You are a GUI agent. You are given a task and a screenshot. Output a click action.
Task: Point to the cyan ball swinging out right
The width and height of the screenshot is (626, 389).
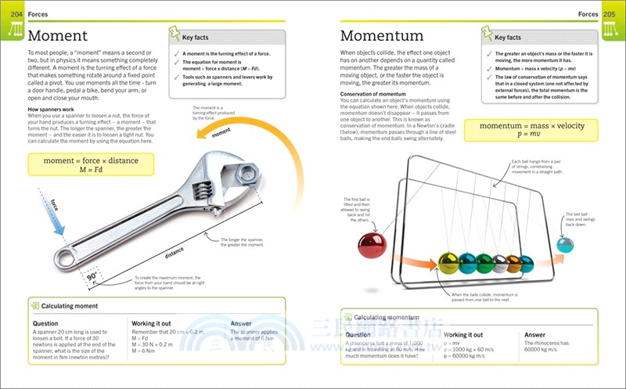pos(564,245)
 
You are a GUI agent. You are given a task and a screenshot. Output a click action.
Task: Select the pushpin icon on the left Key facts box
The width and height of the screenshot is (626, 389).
pos(174,34)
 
